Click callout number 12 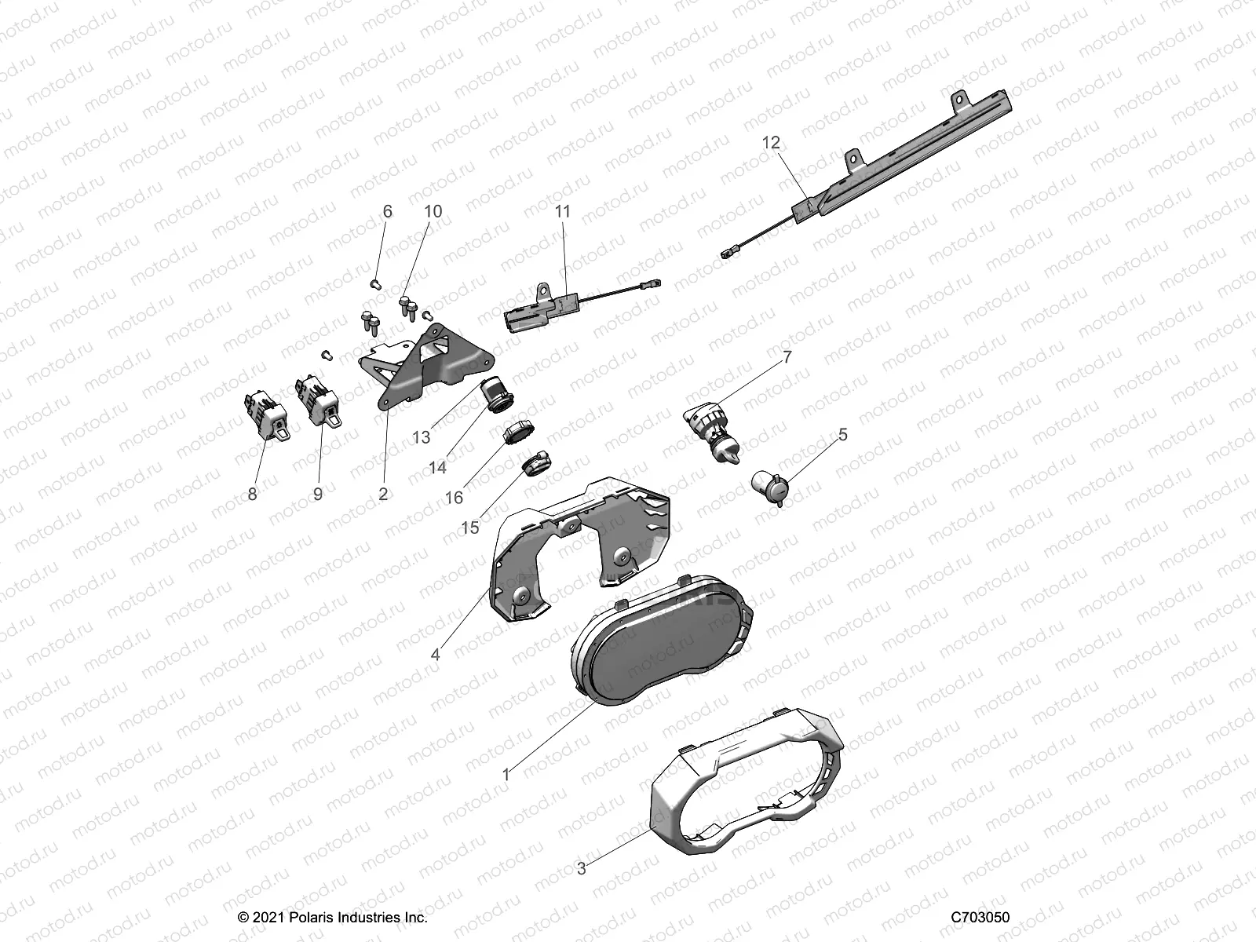tap(771, 142)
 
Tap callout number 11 tap(562, 211)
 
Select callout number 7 tap(787, 357)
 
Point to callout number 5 tap(843, 434)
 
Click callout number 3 tap(581, 869)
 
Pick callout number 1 tap(506, 775)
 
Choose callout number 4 tap(436, 654)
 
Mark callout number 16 tap(454, 497)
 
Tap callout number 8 tap(252, 494)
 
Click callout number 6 tap(387, 211)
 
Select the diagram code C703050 tap(980, 918)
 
